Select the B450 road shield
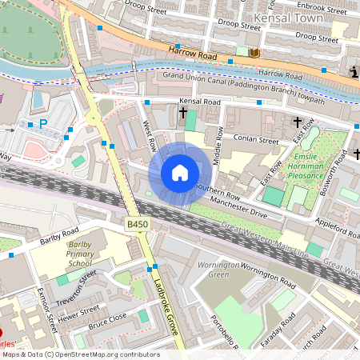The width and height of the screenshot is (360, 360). click(x=136, y=226)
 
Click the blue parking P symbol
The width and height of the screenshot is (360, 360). click(x=44, y=124)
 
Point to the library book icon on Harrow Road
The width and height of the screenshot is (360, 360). click(x=254, y=53)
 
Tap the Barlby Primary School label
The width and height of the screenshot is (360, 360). click(x=80, y=254)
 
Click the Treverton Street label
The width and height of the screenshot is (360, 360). click(x=77, y=282)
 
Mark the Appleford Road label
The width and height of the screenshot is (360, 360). click(x=336, y=228)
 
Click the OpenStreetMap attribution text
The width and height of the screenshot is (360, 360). click(x=80, y=354)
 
